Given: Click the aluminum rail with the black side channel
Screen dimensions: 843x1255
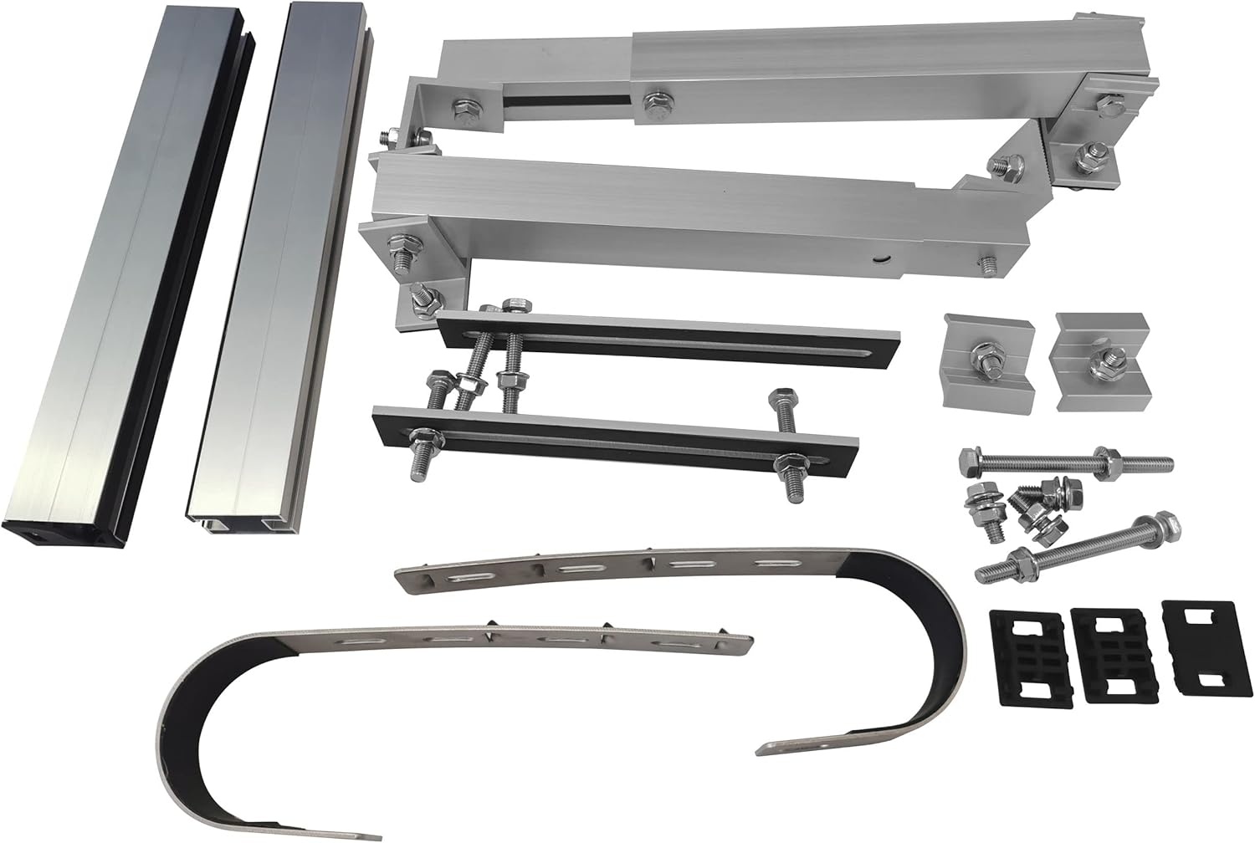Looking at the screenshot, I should [x=125, y=276].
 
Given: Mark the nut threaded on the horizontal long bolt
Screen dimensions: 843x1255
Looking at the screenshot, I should [x=1113, y=459].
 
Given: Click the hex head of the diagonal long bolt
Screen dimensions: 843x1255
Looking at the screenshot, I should [x=1168, y=525].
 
